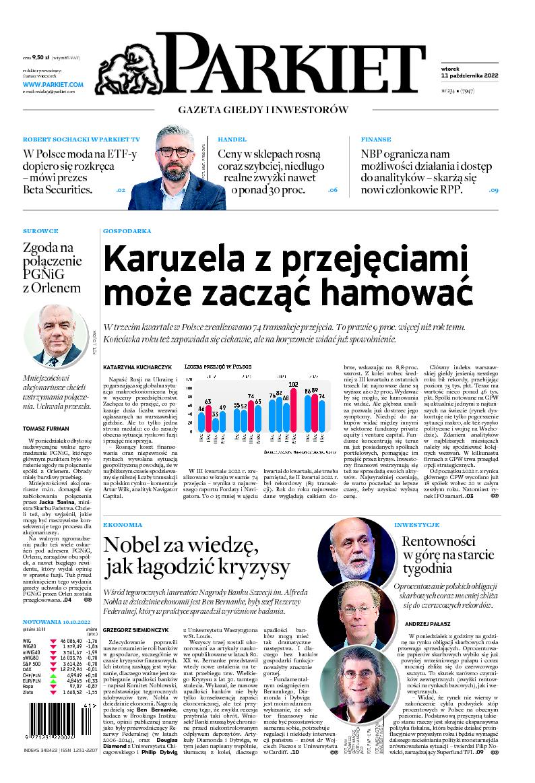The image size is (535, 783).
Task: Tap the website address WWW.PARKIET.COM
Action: click(53, 84)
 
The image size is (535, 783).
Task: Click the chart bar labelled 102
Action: click(293, 410)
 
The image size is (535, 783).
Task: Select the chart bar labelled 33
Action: click(216, 423)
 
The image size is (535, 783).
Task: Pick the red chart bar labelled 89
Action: click(315, 412)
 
